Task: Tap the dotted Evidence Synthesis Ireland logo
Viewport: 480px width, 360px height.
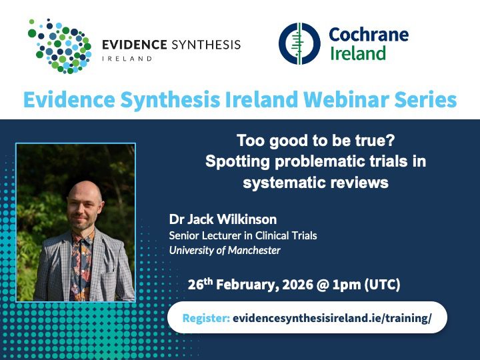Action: (60, 46)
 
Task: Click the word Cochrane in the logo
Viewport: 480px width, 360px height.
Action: (369, 34)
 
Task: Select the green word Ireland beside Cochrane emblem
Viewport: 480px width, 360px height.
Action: (358, 53)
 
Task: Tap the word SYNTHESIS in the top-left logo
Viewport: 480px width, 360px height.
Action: (206, 45)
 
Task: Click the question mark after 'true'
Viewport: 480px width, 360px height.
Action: (391, 141)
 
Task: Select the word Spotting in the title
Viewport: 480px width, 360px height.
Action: (237, 162)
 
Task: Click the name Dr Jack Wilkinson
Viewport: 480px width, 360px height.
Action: (223, 219)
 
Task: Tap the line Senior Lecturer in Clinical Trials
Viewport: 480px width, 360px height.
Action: (243, 235)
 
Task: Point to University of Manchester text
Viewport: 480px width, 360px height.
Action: (225, 251)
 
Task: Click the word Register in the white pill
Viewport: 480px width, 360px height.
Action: (206, 318)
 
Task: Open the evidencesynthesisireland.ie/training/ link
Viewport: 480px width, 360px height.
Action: (332, 318)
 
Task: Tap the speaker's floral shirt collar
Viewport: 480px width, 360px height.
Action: (82, 237)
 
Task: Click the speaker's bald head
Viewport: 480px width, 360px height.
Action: (85, 191)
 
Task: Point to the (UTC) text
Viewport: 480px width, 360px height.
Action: (382, 285)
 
